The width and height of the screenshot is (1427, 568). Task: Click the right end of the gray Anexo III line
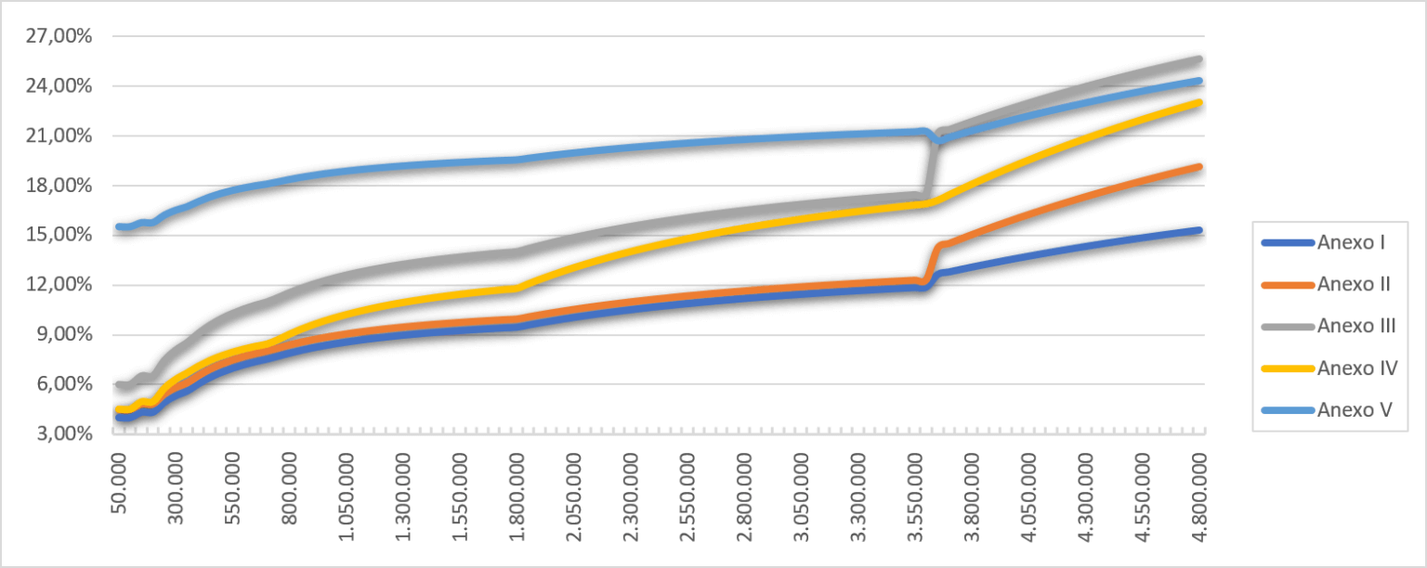coord(1200,59)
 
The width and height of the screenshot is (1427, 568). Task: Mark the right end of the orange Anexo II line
coord(1200,167)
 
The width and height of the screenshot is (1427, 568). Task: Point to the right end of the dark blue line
coord(1200,230)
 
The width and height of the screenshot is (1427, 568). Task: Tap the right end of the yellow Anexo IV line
coord(1200,102)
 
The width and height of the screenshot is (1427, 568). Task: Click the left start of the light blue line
coord(119,226)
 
